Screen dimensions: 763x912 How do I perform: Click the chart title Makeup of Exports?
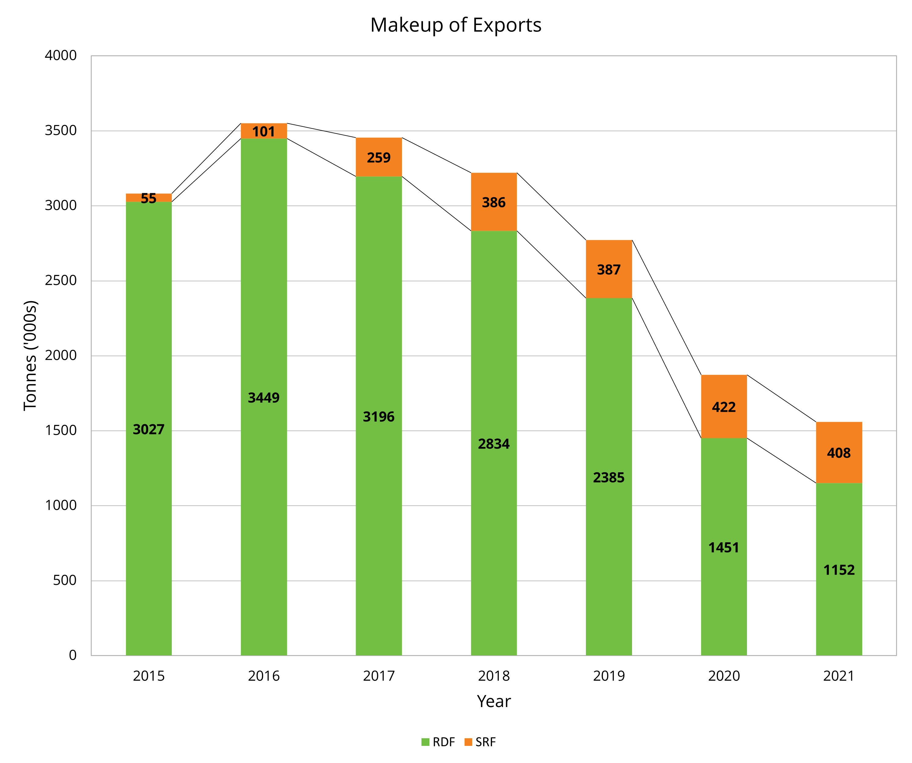pyautogui.click(x=456, y=25)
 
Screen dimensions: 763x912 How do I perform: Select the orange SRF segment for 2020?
pyautogui.click(x=723, y=391)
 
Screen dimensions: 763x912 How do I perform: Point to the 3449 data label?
pyautogui.click(x=264, y=398)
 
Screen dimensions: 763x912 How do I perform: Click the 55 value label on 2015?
pyautogui.click(x=149, y=198)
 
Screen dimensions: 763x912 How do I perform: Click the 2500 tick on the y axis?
pyautogui.click(x=61, y=281)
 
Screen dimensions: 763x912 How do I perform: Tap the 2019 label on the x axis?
pyautogui.click(x=609, y=676)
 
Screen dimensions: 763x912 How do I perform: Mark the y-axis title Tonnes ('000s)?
pyautogui.click(x=30, y=355)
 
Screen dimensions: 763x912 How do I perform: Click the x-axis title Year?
pyautogui.click(x=494, y=701)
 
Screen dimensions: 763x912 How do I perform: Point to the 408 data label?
pyautogui.click(x=839, y=453)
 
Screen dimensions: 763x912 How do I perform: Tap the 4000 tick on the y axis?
pyautogui.click(x=61, y=56)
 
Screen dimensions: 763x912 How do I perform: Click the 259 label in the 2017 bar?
pyautogui.click(x=379, y=158)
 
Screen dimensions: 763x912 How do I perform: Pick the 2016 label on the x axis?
pyautogui.click(x=264, y=676)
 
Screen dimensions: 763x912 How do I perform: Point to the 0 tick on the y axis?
pyautogui.click(x=72, y=655)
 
